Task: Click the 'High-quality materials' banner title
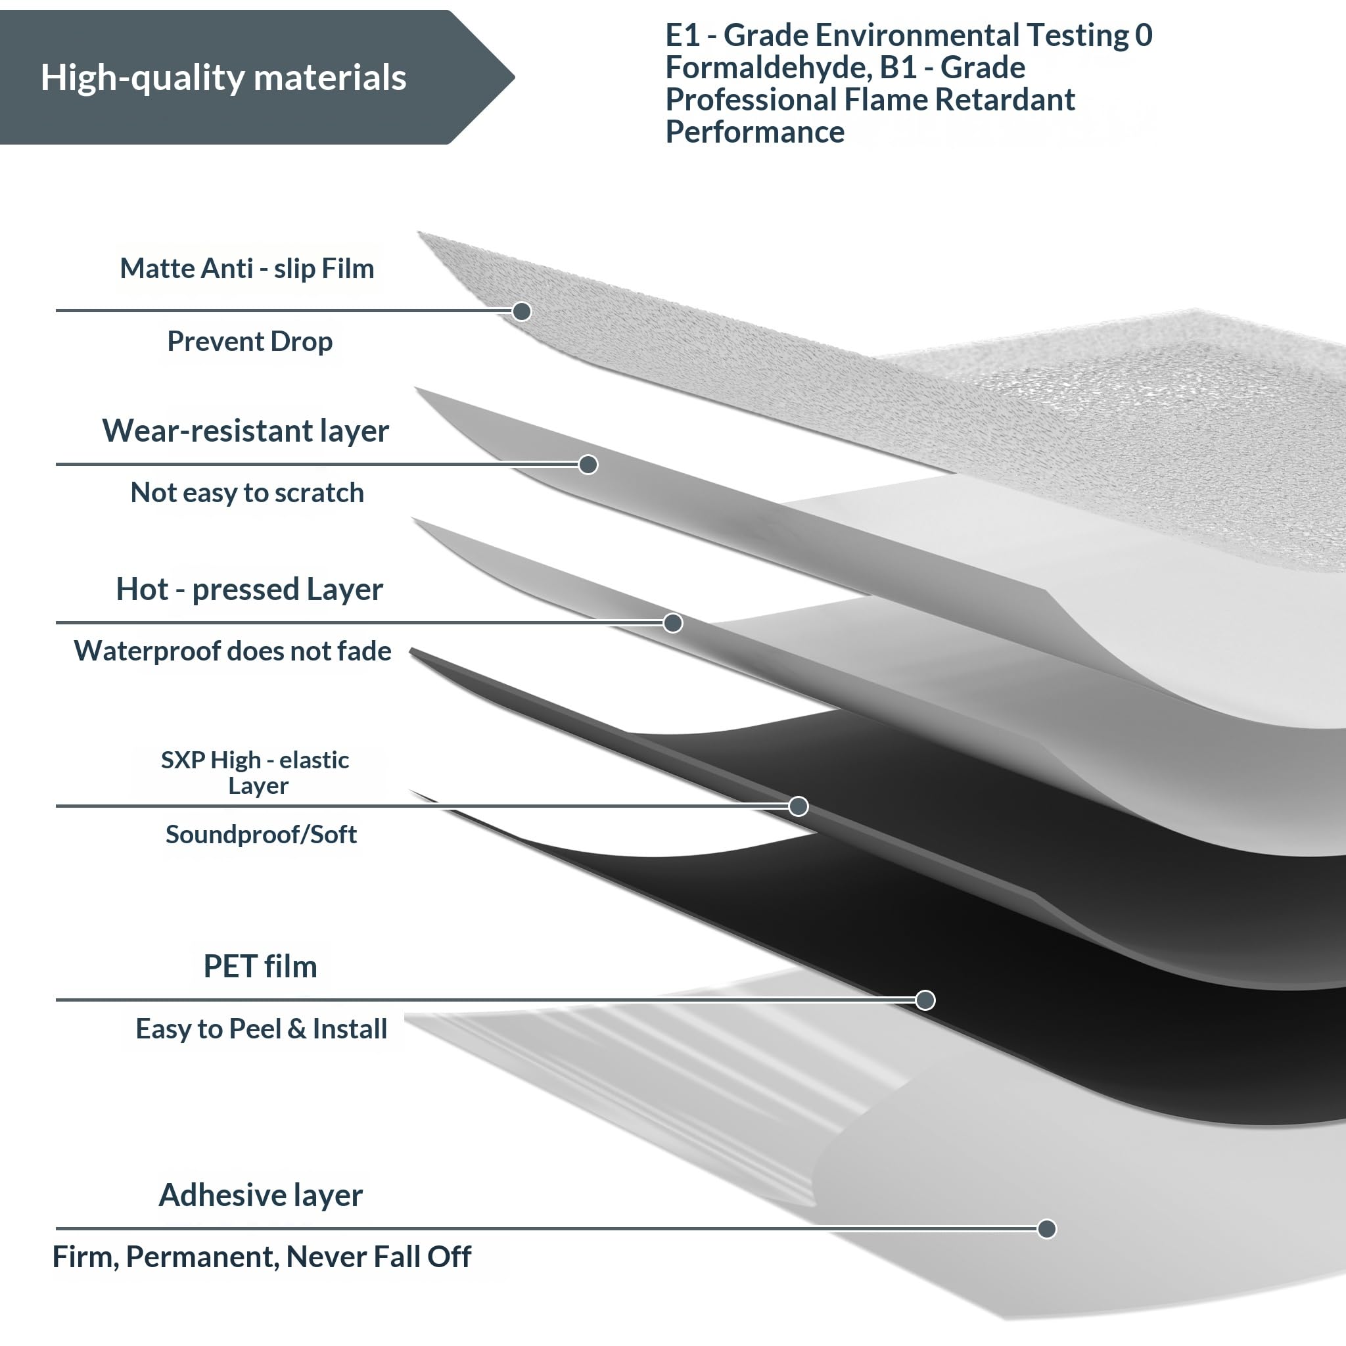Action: tap(223, 78)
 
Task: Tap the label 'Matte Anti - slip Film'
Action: tap(246, 269)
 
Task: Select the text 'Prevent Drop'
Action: tap(249, 342)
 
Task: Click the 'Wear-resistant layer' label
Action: tap(245, 431)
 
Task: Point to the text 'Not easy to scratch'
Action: tap(246, 492)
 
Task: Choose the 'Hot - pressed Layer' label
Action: tap(249, 590)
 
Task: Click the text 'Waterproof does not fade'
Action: tap(233, 651)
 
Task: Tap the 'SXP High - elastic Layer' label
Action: tap(255, 772)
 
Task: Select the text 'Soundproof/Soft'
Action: tap(262, 834)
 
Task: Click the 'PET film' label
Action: tap(260, 966)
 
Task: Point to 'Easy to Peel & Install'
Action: tap(262, 1029)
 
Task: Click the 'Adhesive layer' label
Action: tap(260, 1195)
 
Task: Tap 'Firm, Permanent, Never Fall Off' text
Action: tap(262, 1257)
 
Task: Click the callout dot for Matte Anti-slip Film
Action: tap(521, 312)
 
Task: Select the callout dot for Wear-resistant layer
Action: tap(588, 465)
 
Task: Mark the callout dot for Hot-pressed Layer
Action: tap(672, 623)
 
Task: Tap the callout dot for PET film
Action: tap(925, 1000)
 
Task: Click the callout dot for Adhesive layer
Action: tap(1046, 1229)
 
